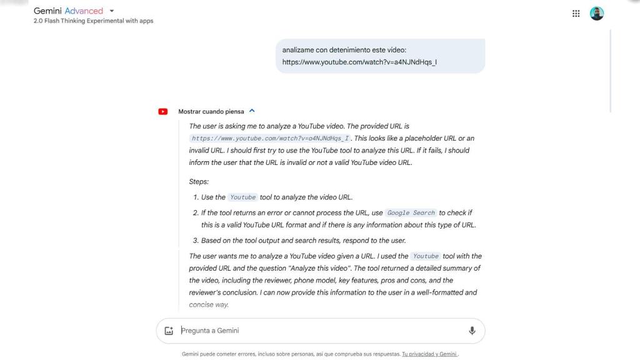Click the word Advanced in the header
click(x=84, y=11)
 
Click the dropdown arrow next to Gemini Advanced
click(x=111, y=11)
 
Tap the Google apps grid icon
click(x=576, y=13)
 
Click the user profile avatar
click(x=597, y=13)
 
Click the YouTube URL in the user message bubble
click(x=359, y=62)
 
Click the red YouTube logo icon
click(x=163, y=112)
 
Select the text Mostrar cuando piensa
click(x=211, y=112)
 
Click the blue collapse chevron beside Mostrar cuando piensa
click(x=252, y=111)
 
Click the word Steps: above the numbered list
click(x=199, y=182)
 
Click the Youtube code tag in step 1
click(x=242, y=197)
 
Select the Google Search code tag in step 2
click(x=411, y=213)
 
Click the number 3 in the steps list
click(x=195, y=241)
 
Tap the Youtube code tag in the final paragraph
click(x=426, y=256)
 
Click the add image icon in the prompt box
click(x=169, y=331)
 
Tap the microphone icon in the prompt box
click(x=472, y=331)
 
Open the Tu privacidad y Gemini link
click(x=429, y=354)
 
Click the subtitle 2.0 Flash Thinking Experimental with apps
click(x=93, y=21)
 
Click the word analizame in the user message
click(x=299, y=49)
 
